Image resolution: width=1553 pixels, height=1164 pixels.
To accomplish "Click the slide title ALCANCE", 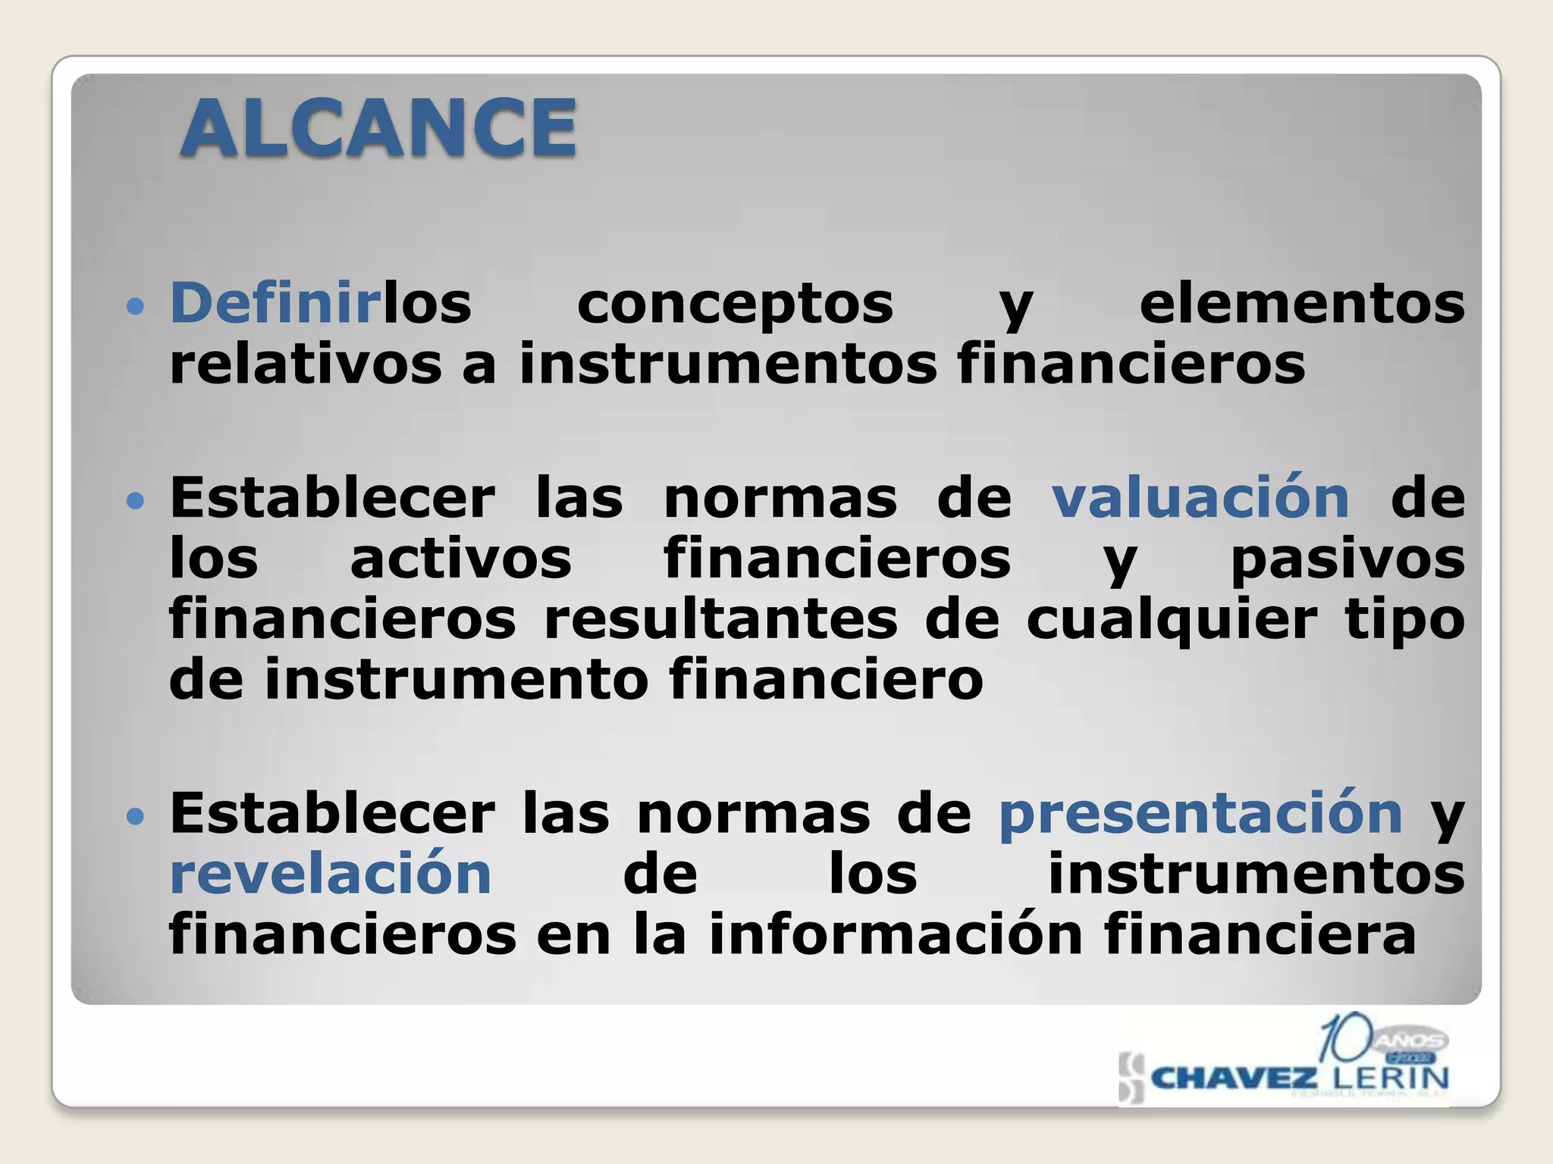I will tap(378, 129).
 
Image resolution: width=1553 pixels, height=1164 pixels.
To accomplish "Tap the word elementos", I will tap(1301, 303).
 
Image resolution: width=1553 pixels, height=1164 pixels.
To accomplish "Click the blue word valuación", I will tap(1200, 498).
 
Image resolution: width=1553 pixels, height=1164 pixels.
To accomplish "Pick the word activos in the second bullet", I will tap(460, 559).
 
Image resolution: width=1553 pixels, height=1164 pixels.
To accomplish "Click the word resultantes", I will tap(720, 619).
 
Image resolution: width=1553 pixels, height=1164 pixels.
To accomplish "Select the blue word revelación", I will tap(331, 874).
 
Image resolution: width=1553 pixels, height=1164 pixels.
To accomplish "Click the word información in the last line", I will tap(895, 934).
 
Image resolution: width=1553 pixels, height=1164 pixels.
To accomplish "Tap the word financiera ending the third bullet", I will tap(1260, 934).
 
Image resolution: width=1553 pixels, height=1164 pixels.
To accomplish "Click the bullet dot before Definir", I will tap(135, 307).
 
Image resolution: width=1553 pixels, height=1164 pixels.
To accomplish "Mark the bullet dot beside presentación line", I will tap(135, 818).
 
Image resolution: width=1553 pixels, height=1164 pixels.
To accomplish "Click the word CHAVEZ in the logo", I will tap(1234, 1078).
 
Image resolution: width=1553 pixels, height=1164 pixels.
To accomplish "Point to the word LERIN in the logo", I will tap(1391, 1078).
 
